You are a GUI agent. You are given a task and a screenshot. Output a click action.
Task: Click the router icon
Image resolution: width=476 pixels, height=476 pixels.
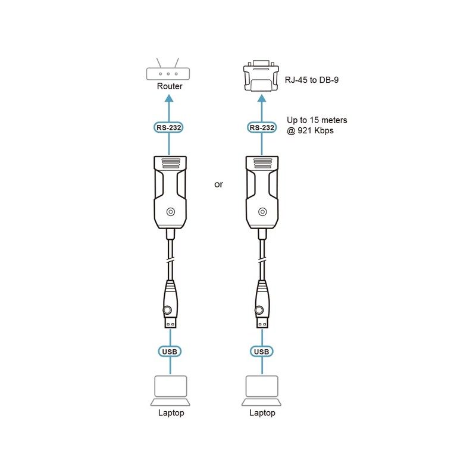170,72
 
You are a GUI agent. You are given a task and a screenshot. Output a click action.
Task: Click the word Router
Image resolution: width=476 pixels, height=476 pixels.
170,87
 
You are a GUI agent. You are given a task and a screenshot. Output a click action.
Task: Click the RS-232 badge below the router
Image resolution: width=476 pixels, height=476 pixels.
170,127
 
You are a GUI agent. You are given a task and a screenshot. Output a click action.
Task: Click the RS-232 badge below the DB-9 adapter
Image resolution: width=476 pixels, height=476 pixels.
261,127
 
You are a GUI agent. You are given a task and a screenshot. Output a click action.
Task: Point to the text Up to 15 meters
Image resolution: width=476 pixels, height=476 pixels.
317,120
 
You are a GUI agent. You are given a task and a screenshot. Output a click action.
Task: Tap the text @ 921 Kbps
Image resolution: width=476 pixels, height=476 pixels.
310,131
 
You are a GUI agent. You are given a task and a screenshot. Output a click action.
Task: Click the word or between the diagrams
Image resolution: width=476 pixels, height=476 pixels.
218,184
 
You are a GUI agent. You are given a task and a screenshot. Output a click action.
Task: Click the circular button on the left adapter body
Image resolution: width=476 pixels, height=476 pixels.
171,211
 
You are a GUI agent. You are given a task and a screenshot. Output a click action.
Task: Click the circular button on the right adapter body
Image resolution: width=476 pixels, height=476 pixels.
262,211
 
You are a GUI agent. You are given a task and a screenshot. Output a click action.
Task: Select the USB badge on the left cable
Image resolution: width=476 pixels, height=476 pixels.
170,352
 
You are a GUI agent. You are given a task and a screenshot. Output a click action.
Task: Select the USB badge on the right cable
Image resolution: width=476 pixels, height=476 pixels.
261,352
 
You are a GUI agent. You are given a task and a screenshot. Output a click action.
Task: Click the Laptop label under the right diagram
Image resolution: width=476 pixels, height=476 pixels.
262,413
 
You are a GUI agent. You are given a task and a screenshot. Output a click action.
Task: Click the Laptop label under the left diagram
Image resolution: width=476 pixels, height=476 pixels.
171,413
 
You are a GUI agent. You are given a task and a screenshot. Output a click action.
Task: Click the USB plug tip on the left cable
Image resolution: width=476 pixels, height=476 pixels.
170,324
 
